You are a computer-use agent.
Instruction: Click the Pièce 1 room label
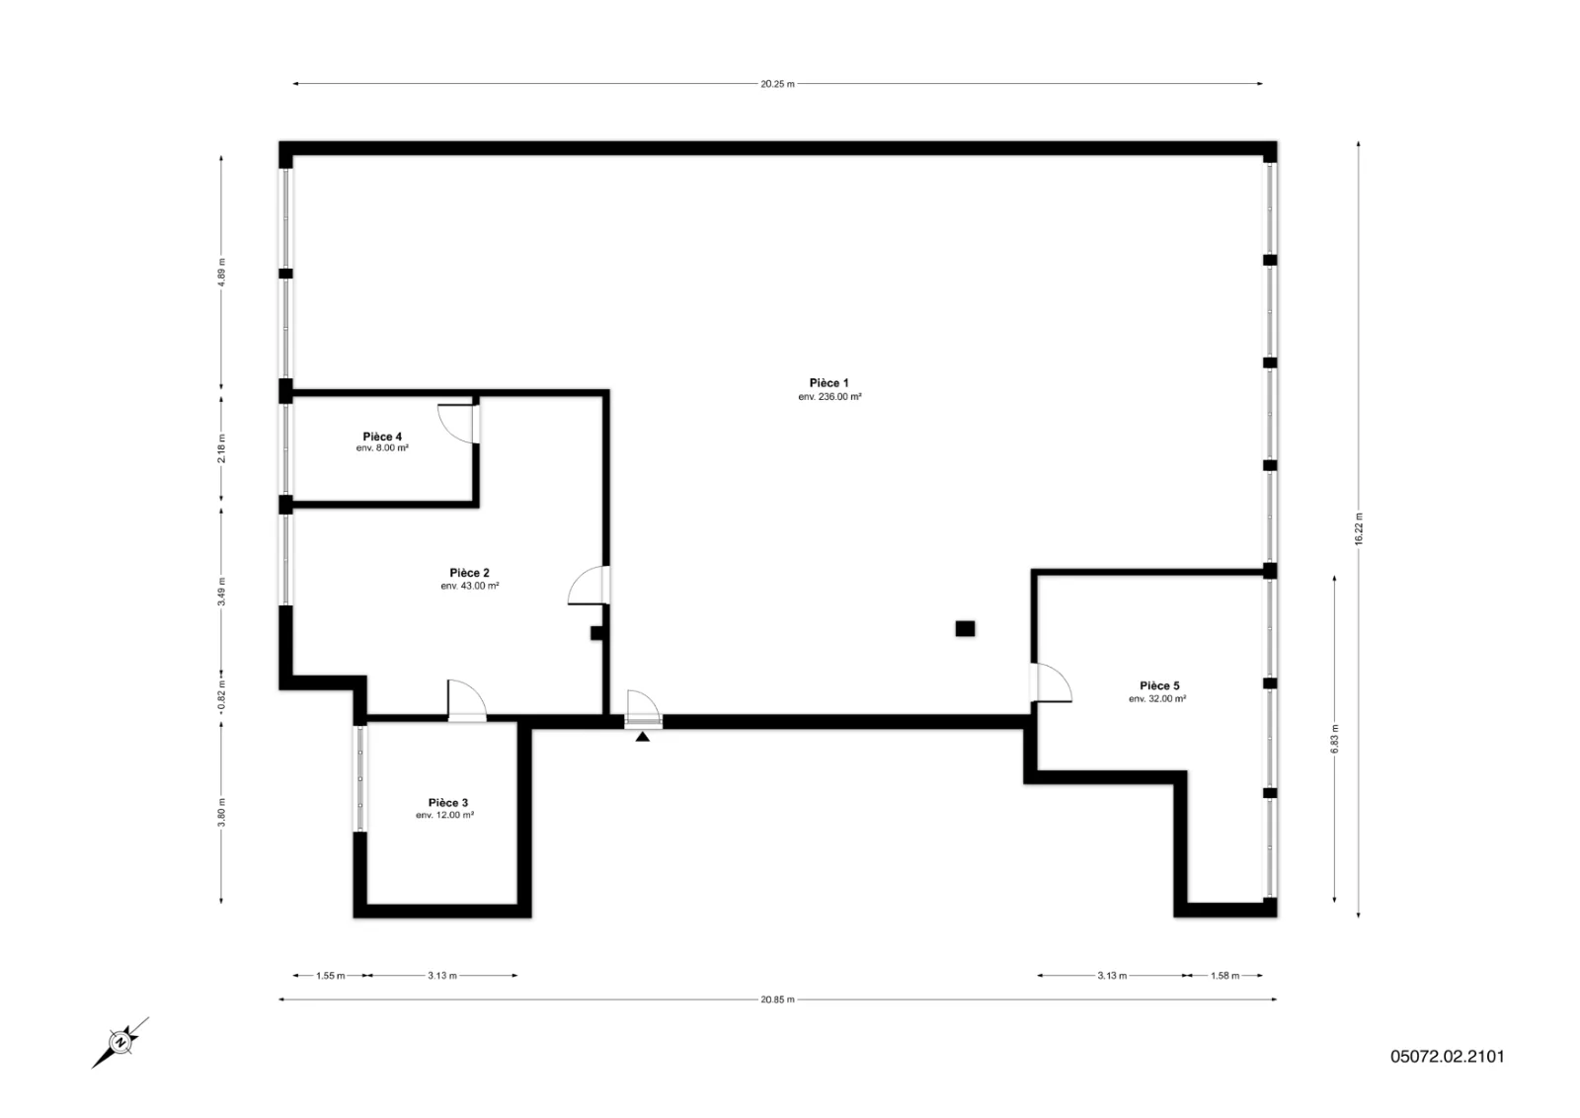tap(829, 383)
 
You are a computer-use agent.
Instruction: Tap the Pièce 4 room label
tap(382, 437)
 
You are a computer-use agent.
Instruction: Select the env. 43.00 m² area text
tap(470, 586)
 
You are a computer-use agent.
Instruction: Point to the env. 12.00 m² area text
tap(444, 815)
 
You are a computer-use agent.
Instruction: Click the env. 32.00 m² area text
tap(1156, 698)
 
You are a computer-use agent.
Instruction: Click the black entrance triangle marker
tap(642, 737)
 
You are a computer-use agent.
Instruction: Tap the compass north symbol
tap(119, 1043)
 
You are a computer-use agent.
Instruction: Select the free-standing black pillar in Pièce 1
tap(965, 628)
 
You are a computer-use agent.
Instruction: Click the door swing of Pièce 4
tap(458, 424)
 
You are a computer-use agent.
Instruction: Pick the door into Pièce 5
tap(1051, 682)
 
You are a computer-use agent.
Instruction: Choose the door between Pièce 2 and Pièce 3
tap(467, 700)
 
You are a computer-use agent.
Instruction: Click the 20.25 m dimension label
tap(777, 84)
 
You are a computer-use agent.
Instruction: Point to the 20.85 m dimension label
tap(777, 999)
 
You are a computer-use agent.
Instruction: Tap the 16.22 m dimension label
tap(1359, 528)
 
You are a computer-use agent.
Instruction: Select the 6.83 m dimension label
tap(1334, 739)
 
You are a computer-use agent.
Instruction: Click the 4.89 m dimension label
tap(221, 272)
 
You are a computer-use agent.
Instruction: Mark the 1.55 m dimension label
tap(330, 976)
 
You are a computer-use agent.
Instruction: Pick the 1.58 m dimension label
tap(1224, 976)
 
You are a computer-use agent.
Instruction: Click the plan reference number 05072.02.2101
tap(1448, 1056)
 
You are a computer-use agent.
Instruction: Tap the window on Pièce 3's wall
tap(359, 778)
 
